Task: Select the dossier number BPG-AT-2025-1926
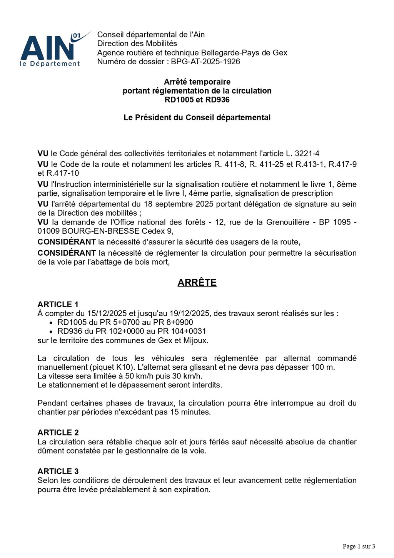205,62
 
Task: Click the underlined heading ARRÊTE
197,283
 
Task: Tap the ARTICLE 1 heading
58,305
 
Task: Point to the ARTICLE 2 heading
58,432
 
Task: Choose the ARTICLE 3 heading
58,471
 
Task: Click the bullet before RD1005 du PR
52,323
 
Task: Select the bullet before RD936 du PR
52,332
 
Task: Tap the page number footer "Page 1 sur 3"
359,546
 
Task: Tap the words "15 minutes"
190,412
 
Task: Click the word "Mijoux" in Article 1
195,340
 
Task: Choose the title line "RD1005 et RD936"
197,100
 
